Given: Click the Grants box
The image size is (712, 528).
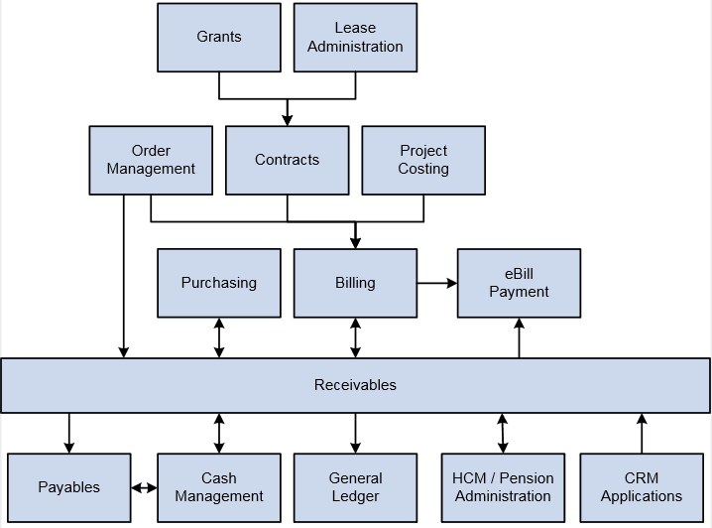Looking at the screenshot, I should point(219,38).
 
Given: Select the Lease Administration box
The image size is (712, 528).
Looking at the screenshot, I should point(355,38).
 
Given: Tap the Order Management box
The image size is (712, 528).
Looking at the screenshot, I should point(151,160).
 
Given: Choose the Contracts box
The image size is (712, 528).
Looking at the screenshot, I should point(288,160).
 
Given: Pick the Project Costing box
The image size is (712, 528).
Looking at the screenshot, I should point(423,160).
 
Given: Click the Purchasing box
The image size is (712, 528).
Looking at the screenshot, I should point(219,283).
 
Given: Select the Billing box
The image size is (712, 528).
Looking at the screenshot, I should point(355,283).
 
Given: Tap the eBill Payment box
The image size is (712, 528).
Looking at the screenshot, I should point(519,283).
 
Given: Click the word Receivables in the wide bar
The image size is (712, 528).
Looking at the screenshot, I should point(355,385).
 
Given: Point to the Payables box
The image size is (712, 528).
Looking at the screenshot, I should point(69,487).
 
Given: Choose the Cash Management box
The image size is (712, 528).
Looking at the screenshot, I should point(219,487).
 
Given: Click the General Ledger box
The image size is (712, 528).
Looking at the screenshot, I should point(355,487).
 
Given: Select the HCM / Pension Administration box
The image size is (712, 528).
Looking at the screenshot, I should point(503,487).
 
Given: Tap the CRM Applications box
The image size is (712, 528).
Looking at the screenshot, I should point(642,487).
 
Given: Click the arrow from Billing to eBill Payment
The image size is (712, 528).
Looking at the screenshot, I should point(436,283).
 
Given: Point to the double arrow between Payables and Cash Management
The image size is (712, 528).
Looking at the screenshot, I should point(145,487).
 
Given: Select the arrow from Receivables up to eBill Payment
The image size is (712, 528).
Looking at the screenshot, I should point(519,337).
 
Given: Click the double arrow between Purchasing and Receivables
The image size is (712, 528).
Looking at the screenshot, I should point(219,337).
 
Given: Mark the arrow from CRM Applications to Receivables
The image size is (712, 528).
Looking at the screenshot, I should point(642,434).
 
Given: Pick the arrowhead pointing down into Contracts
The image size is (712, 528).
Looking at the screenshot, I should point(288,119).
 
